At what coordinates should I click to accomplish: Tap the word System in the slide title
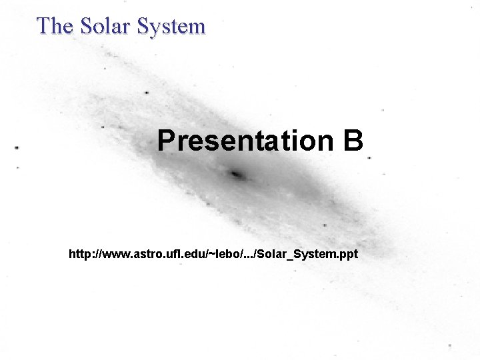coord(171,27)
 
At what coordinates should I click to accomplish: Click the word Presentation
coord(245,141)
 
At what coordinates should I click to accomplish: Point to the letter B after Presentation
coord(353,141)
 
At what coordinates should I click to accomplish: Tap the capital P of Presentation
coord(166,141)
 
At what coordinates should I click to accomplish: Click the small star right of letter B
coord(369,159)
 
